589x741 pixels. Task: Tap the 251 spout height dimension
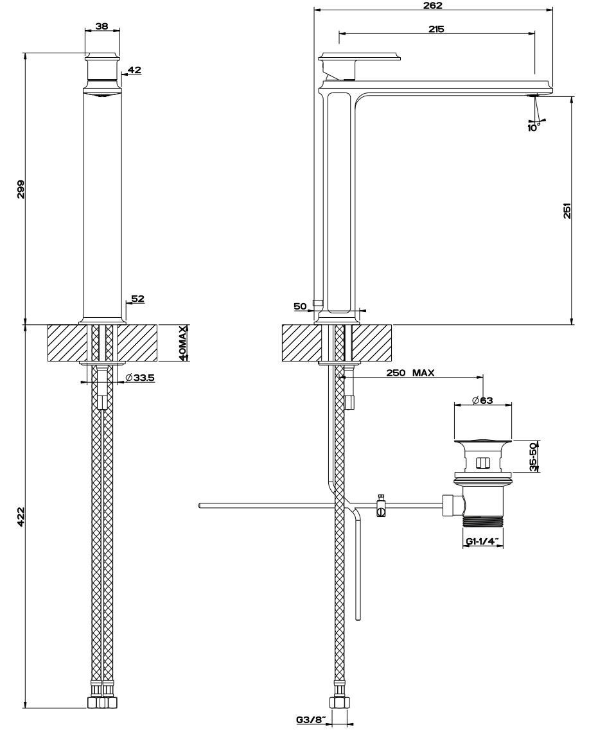coord(567,212)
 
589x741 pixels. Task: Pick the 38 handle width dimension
coord(102,26)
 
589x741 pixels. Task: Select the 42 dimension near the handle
coord(134,69)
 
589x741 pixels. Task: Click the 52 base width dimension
coord(137,299)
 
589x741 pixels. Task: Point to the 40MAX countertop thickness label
coord(183,343)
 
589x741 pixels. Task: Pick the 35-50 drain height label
coord(533,457)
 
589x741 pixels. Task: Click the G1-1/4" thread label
coord(482,542)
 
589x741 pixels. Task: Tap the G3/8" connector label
coord(311,720)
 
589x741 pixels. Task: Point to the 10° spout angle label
coord(533,127)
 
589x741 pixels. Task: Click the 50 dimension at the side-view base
coord(300,307)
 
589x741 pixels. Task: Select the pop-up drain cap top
coord(483,442)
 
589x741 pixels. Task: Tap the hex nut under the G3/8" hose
coord(338,702)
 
